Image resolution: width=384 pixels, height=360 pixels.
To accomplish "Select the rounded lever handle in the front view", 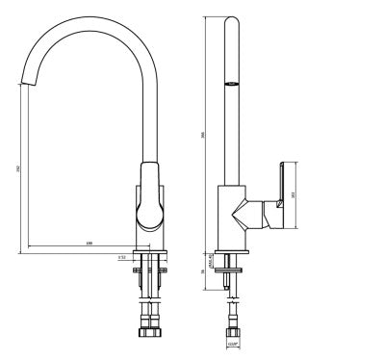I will coord(151,197).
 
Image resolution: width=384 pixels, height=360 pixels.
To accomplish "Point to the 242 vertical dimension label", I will coord(18,168).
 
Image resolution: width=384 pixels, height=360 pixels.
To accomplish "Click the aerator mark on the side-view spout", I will coord(231,85).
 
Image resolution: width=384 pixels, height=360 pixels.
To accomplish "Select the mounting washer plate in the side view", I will coord(232,272).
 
